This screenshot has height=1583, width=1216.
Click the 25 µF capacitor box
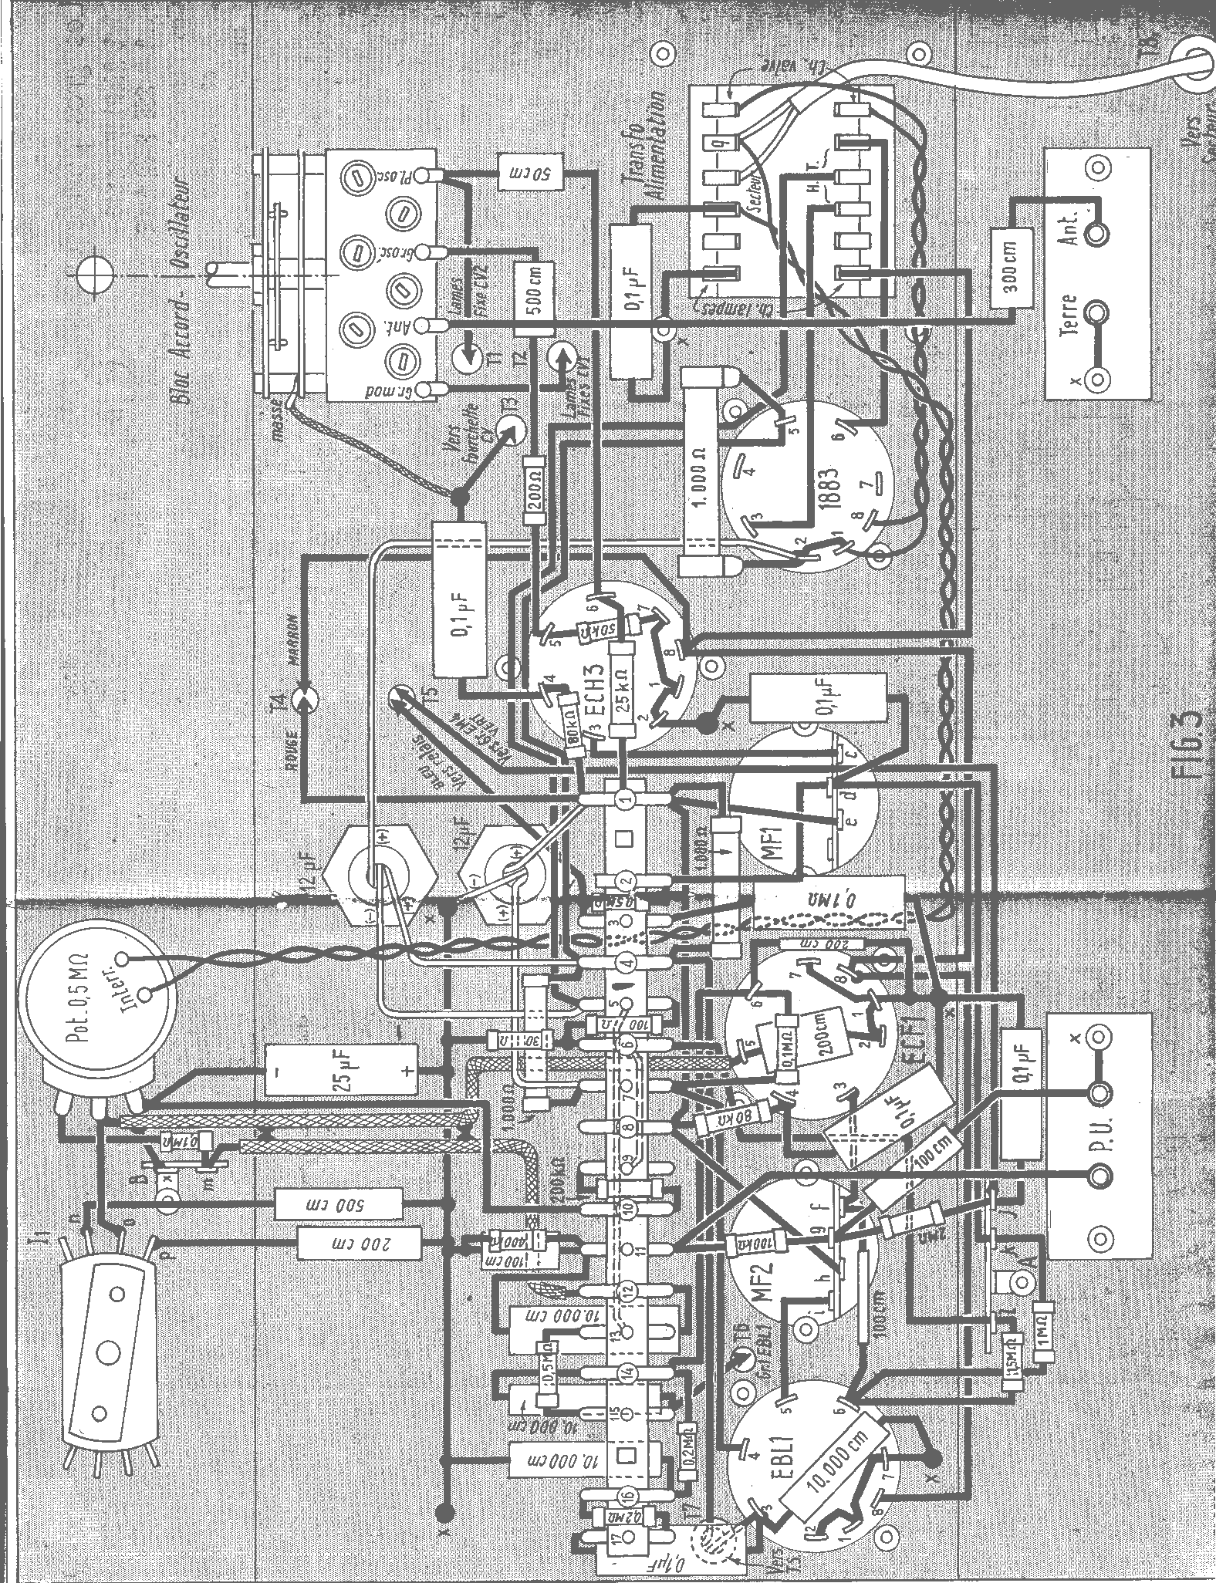pos(340,1069)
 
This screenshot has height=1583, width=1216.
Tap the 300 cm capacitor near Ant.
pos(1011,267)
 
